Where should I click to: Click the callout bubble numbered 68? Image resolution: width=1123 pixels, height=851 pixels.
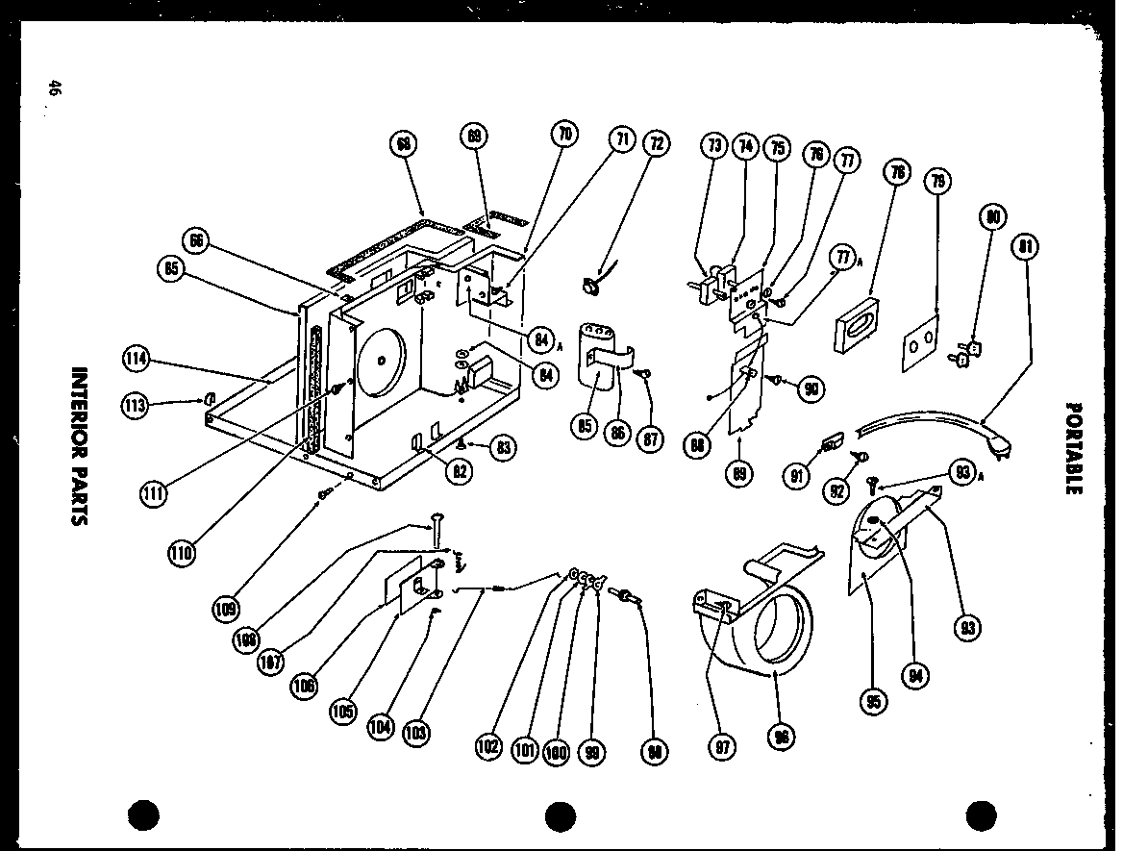[404, 144]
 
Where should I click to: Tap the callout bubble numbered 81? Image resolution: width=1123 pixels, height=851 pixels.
[1027, 247]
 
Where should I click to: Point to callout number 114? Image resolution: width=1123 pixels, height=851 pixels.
[137, 359]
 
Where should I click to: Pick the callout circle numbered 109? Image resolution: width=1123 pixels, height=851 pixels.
[228, 608]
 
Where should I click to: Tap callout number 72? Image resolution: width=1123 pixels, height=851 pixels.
[656, 144]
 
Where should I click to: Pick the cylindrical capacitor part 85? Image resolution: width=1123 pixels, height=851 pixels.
[596, 356]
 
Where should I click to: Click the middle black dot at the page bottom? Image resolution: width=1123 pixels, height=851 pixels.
[561, 815]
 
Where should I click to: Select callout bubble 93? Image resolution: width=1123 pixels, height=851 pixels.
[966, 629]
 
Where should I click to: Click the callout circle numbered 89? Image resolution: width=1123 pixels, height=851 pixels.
[739, 473]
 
